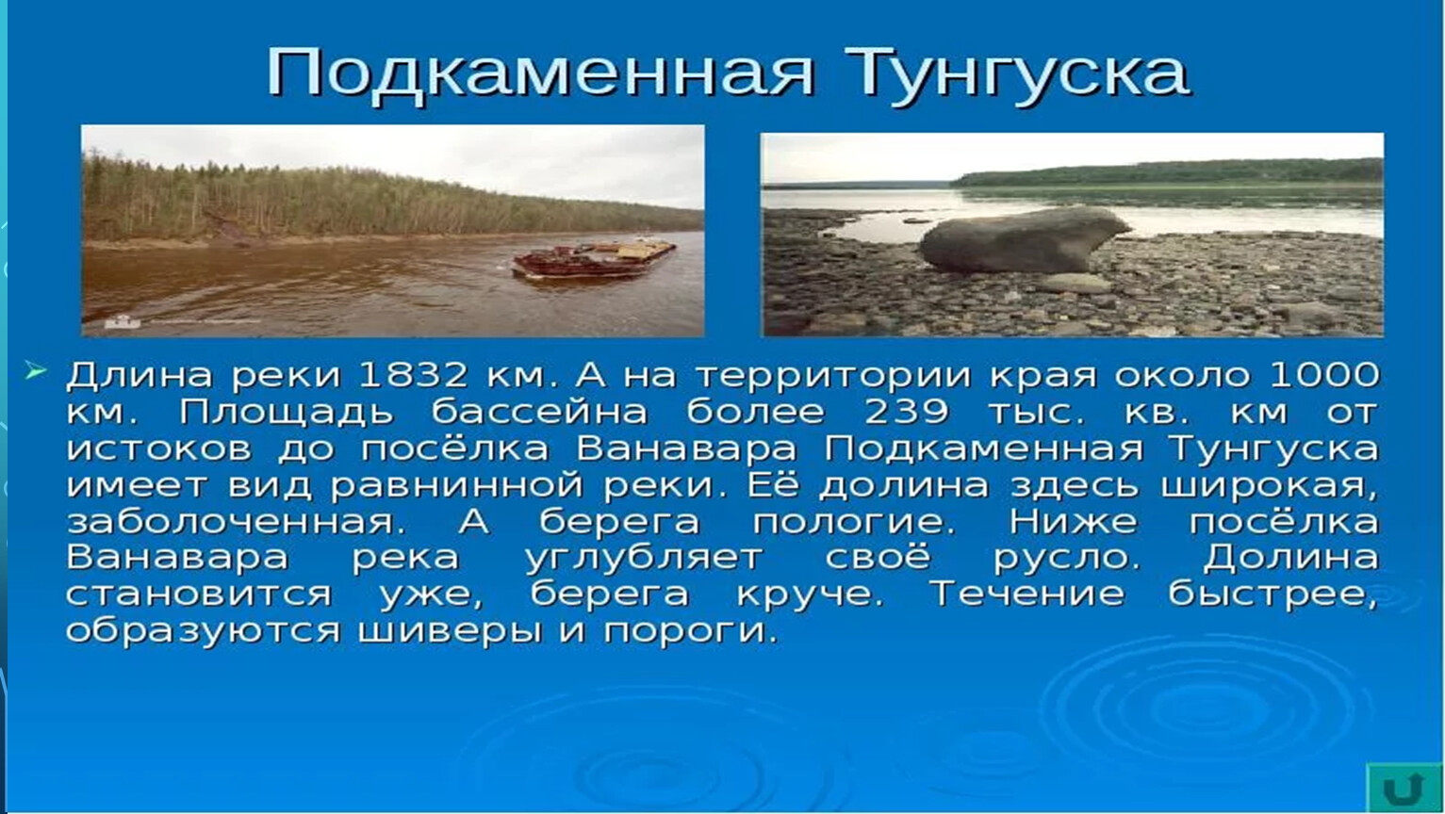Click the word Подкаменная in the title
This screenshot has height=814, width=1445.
(539, 73)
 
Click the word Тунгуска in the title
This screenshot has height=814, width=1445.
(1017, 73)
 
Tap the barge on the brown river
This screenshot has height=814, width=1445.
(594, 259)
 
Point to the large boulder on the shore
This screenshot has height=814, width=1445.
(1023, 239)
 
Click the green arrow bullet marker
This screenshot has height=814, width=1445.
(36, 371)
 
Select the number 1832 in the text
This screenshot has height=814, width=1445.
(412, 375)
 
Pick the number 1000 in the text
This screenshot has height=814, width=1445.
(1323, 375)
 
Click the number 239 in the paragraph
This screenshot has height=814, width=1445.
(906, 412)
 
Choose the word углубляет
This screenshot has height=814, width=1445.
(643, 559)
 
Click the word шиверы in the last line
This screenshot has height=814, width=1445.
(450, 632)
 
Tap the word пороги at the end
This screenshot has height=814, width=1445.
(690, 632)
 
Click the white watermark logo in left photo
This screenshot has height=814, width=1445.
(122, 321)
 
